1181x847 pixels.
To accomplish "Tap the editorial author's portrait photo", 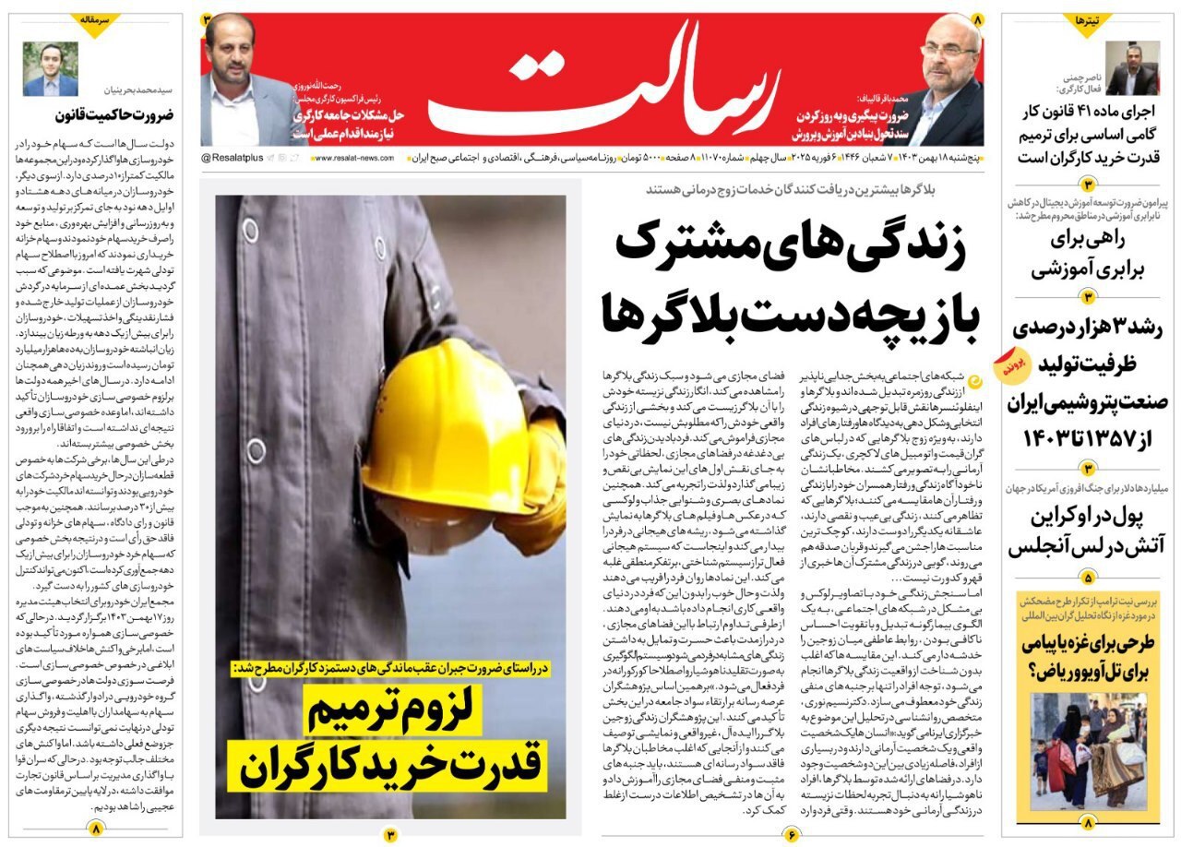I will tap(51, 69).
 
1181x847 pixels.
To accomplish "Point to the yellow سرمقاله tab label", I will tap(96, 20).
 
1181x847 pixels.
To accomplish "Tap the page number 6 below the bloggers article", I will tap(792, 835).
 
